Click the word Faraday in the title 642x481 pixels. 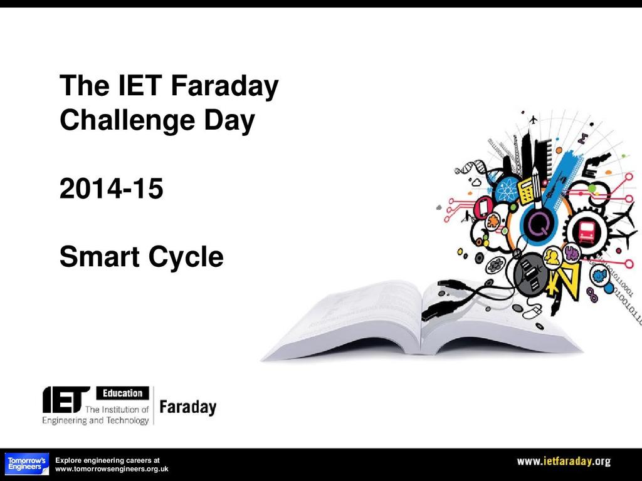[x=224, y=86]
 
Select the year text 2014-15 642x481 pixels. [x=112, y=189]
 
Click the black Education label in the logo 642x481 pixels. [x=122, y=393]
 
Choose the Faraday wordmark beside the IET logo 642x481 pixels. [x=188, y=407]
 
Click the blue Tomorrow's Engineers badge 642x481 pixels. [x=26, y=464]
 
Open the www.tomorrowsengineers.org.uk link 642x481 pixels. [x=112, y=469]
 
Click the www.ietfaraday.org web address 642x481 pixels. [x=564, y=462]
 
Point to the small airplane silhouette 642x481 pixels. [x=533, y=120]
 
